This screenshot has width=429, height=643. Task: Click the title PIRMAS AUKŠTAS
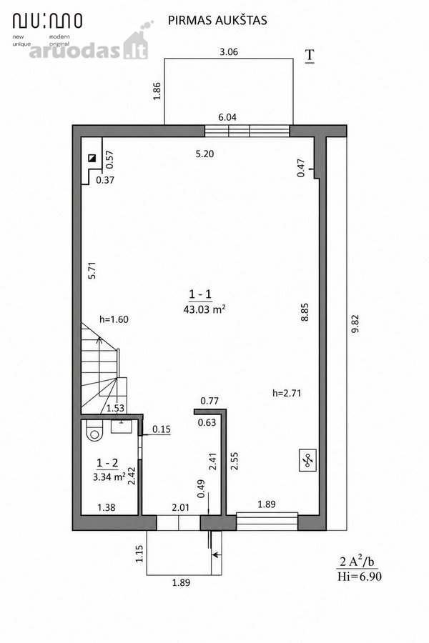217,20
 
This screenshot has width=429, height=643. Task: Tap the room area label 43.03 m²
204,309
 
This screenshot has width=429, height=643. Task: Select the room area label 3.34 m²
109,477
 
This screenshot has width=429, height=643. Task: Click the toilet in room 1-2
94,432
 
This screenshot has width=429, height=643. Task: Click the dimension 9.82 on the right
355,323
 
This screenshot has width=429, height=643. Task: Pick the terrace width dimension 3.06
229,51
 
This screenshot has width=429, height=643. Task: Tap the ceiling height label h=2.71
287,393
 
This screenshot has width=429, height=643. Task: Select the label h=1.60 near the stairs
114,319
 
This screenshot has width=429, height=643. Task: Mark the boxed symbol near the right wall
307,460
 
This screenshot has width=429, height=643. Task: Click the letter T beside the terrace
309,56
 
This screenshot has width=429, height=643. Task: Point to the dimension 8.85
304,312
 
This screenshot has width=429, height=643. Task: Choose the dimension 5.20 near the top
204,154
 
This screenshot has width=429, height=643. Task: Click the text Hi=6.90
359,577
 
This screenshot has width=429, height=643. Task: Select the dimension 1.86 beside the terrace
157,91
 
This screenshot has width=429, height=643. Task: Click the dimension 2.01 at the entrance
181,507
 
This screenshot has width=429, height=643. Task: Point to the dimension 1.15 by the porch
139,553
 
